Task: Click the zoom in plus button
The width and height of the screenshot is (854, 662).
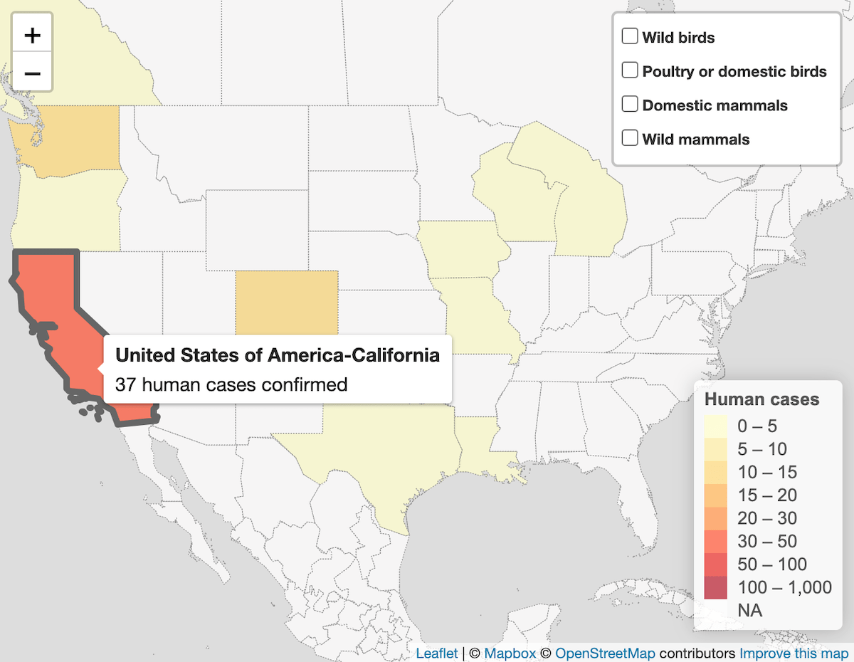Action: [x=33, y=35]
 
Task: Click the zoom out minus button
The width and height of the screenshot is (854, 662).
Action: [x=33, y=73]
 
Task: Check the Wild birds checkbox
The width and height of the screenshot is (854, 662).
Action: [x=630, y=36]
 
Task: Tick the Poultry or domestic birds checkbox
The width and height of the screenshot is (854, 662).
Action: [x=630, y=70]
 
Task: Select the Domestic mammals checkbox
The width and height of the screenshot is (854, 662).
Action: [x=630, y=105]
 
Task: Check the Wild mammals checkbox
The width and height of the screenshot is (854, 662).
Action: [x=630, y=138]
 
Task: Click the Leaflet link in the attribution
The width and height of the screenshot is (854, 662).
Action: [x=436, y=653]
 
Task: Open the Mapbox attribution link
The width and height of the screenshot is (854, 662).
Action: [x=510, y=653]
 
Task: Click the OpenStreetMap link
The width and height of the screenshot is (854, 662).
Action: [x=605, y=653]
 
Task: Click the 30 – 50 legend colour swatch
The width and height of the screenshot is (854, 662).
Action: [x=716, y=542]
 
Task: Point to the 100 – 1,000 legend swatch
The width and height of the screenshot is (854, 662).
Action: [x=716, y=588]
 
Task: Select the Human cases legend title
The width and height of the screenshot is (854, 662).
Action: [x=761, y=399]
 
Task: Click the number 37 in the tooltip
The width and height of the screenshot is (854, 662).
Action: [x=125, y=385]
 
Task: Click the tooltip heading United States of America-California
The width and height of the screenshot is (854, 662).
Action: [x=278, y=354]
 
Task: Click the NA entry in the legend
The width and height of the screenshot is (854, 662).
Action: [x=750, y=610]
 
